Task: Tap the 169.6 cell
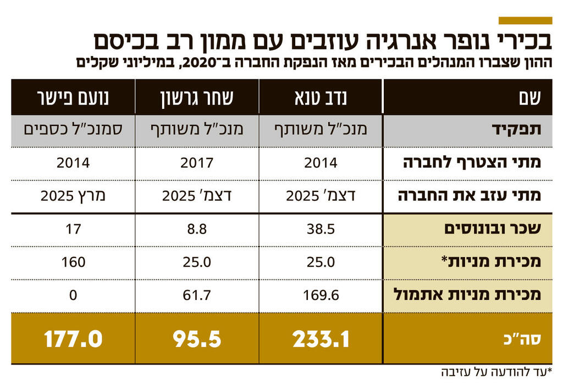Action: coord(321,295)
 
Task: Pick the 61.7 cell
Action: coord(197,295)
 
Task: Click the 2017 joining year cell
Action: coord(197,163)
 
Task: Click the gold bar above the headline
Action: coord(525,20)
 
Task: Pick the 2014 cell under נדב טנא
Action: coord(321,163)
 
